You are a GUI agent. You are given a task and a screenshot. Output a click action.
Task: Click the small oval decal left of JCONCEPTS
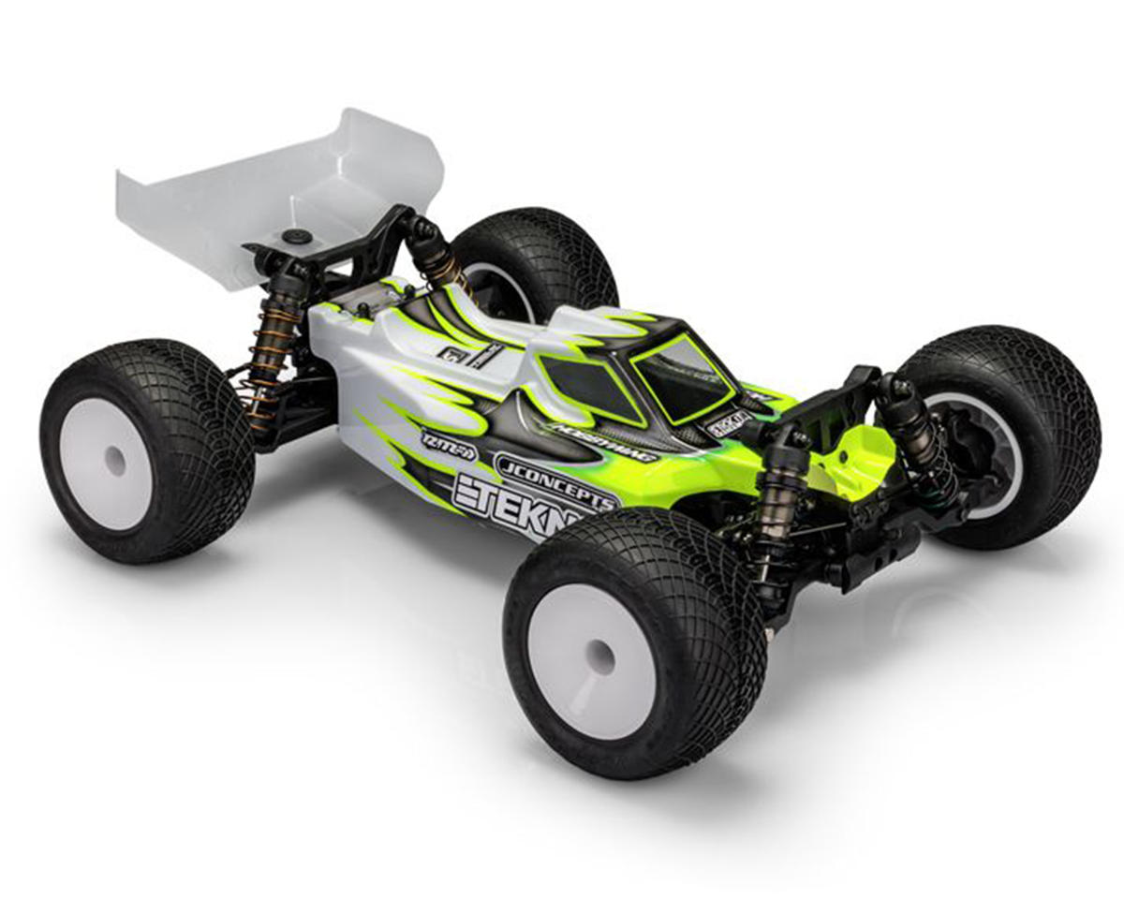point(449,446)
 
